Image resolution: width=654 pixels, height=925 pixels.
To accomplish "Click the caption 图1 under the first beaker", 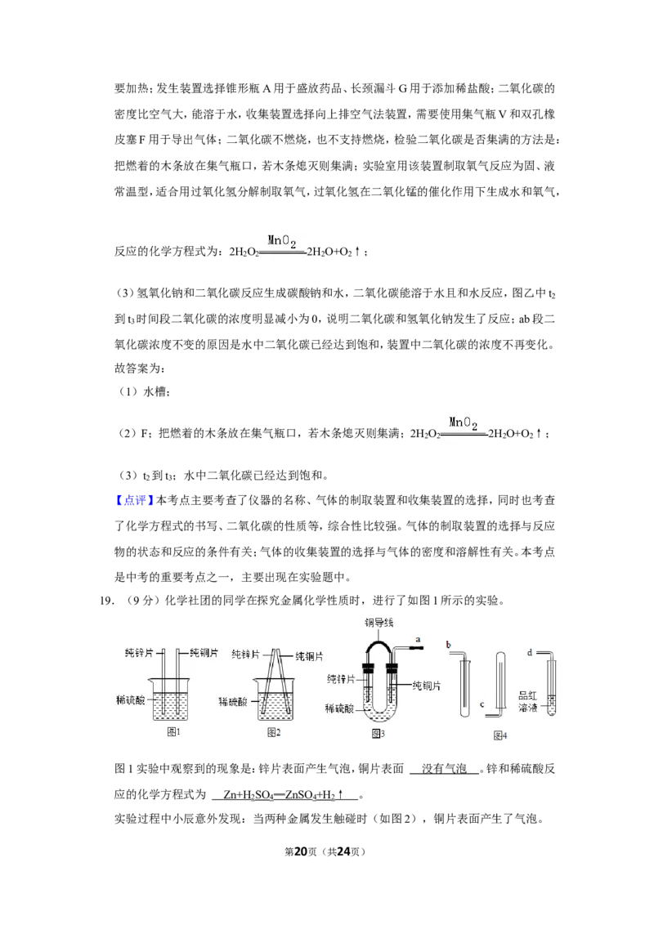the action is (173, 731).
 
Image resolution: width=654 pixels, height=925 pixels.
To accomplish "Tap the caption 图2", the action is (273, 732).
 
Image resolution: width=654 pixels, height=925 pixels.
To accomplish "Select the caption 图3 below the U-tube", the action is (378, 733).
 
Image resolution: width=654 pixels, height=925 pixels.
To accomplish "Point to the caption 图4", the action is (500, 735).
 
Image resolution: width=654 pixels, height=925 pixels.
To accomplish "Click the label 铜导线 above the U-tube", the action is (379, 623).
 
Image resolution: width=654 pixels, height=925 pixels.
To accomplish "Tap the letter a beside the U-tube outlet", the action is (418, 640).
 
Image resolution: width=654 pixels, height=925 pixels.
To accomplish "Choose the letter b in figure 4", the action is (449, 645).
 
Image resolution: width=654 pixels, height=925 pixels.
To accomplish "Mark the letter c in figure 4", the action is (482, 704).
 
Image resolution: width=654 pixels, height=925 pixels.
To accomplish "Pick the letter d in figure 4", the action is (530, 652).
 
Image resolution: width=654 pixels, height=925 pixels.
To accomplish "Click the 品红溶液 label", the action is (527, 701).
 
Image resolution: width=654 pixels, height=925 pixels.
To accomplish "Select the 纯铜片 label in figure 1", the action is (204, 652).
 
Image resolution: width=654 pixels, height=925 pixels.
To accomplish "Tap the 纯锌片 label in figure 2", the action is (245, 655).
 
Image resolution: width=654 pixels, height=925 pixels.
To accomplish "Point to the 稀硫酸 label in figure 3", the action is (339, 708).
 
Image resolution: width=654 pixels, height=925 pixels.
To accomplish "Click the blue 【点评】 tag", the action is (133, 500).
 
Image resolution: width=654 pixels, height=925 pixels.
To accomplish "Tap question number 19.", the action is (106, 601).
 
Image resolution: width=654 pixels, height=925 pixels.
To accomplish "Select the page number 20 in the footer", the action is (301, 851).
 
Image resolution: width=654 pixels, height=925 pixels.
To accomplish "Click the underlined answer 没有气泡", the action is (444, 769).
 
